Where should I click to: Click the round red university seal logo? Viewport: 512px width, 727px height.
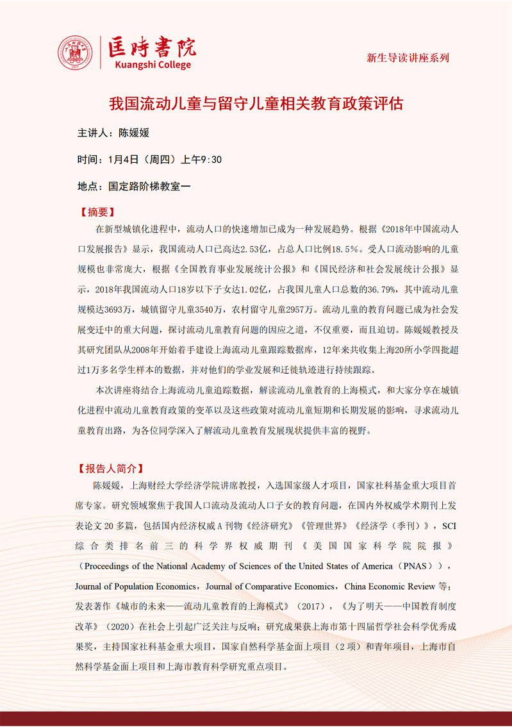[x=76, y=53]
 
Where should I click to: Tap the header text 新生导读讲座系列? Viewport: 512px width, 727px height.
[x=408, y=58]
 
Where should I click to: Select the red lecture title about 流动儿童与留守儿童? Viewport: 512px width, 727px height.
[x=256, y=103]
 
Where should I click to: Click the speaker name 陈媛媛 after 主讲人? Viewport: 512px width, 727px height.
[x=134, y=133]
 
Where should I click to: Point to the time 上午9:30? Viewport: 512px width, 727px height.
[x=202, y=160]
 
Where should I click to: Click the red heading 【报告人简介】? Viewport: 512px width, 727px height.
[x=110, y=468]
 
